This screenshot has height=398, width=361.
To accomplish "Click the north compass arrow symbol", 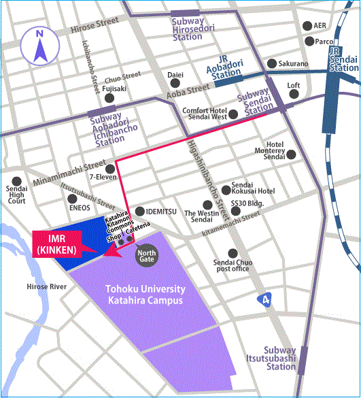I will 39,46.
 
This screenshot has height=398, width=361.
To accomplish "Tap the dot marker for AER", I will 306,26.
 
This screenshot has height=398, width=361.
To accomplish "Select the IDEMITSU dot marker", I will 140,211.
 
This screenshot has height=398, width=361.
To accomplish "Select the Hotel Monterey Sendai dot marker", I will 292,154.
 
